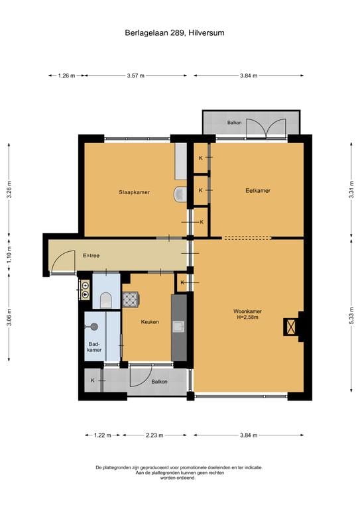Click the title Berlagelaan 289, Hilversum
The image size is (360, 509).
[x=174, y=32]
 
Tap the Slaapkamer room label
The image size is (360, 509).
[x=134, y=192]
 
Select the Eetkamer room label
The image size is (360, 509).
[x=258, y=191]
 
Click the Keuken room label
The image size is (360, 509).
[x=150, y=321]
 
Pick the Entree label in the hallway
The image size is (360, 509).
[x=91, y=255]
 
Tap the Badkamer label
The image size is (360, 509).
[x=94, y=347]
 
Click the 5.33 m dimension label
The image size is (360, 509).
[x=351, y=316]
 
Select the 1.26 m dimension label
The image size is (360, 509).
[x=66, y=76]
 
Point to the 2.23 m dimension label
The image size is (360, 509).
[x=154, y=435]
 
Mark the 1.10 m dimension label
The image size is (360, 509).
[x=9, y=254]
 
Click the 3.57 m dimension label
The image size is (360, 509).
[x=136, y=76]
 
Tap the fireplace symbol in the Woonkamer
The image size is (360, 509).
[x=290, y=327]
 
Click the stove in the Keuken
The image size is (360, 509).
[x=131, y=300]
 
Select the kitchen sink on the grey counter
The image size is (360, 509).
[x=179, y=327]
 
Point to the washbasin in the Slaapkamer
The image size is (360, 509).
[x=180, y=194]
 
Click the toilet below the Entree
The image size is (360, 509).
[x=106, y=300]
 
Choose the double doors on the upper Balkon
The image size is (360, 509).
[x=266, y=129]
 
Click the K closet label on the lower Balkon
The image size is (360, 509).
[x=93, y=380]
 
